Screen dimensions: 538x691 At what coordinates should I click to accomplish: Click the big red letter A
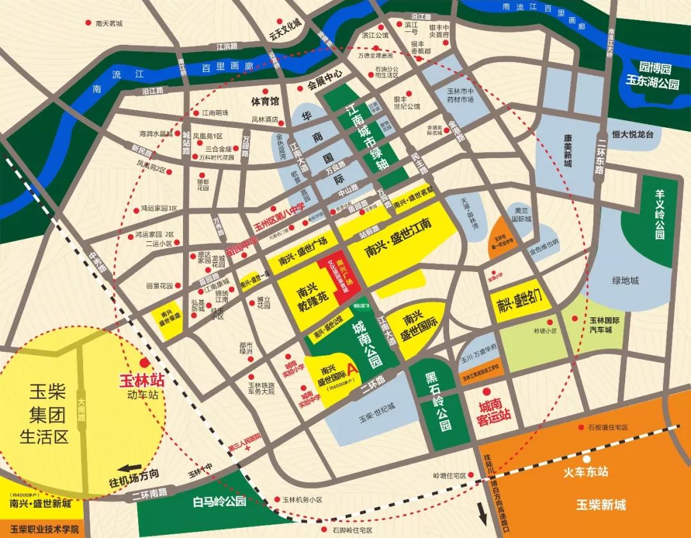[x=350, y=370]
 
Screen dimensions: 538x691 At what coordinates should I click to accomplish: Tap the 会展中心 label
[x=325, y=84]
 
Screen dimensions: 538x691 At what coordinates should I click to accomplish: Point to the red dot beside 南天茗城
[x=88, y=23]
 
